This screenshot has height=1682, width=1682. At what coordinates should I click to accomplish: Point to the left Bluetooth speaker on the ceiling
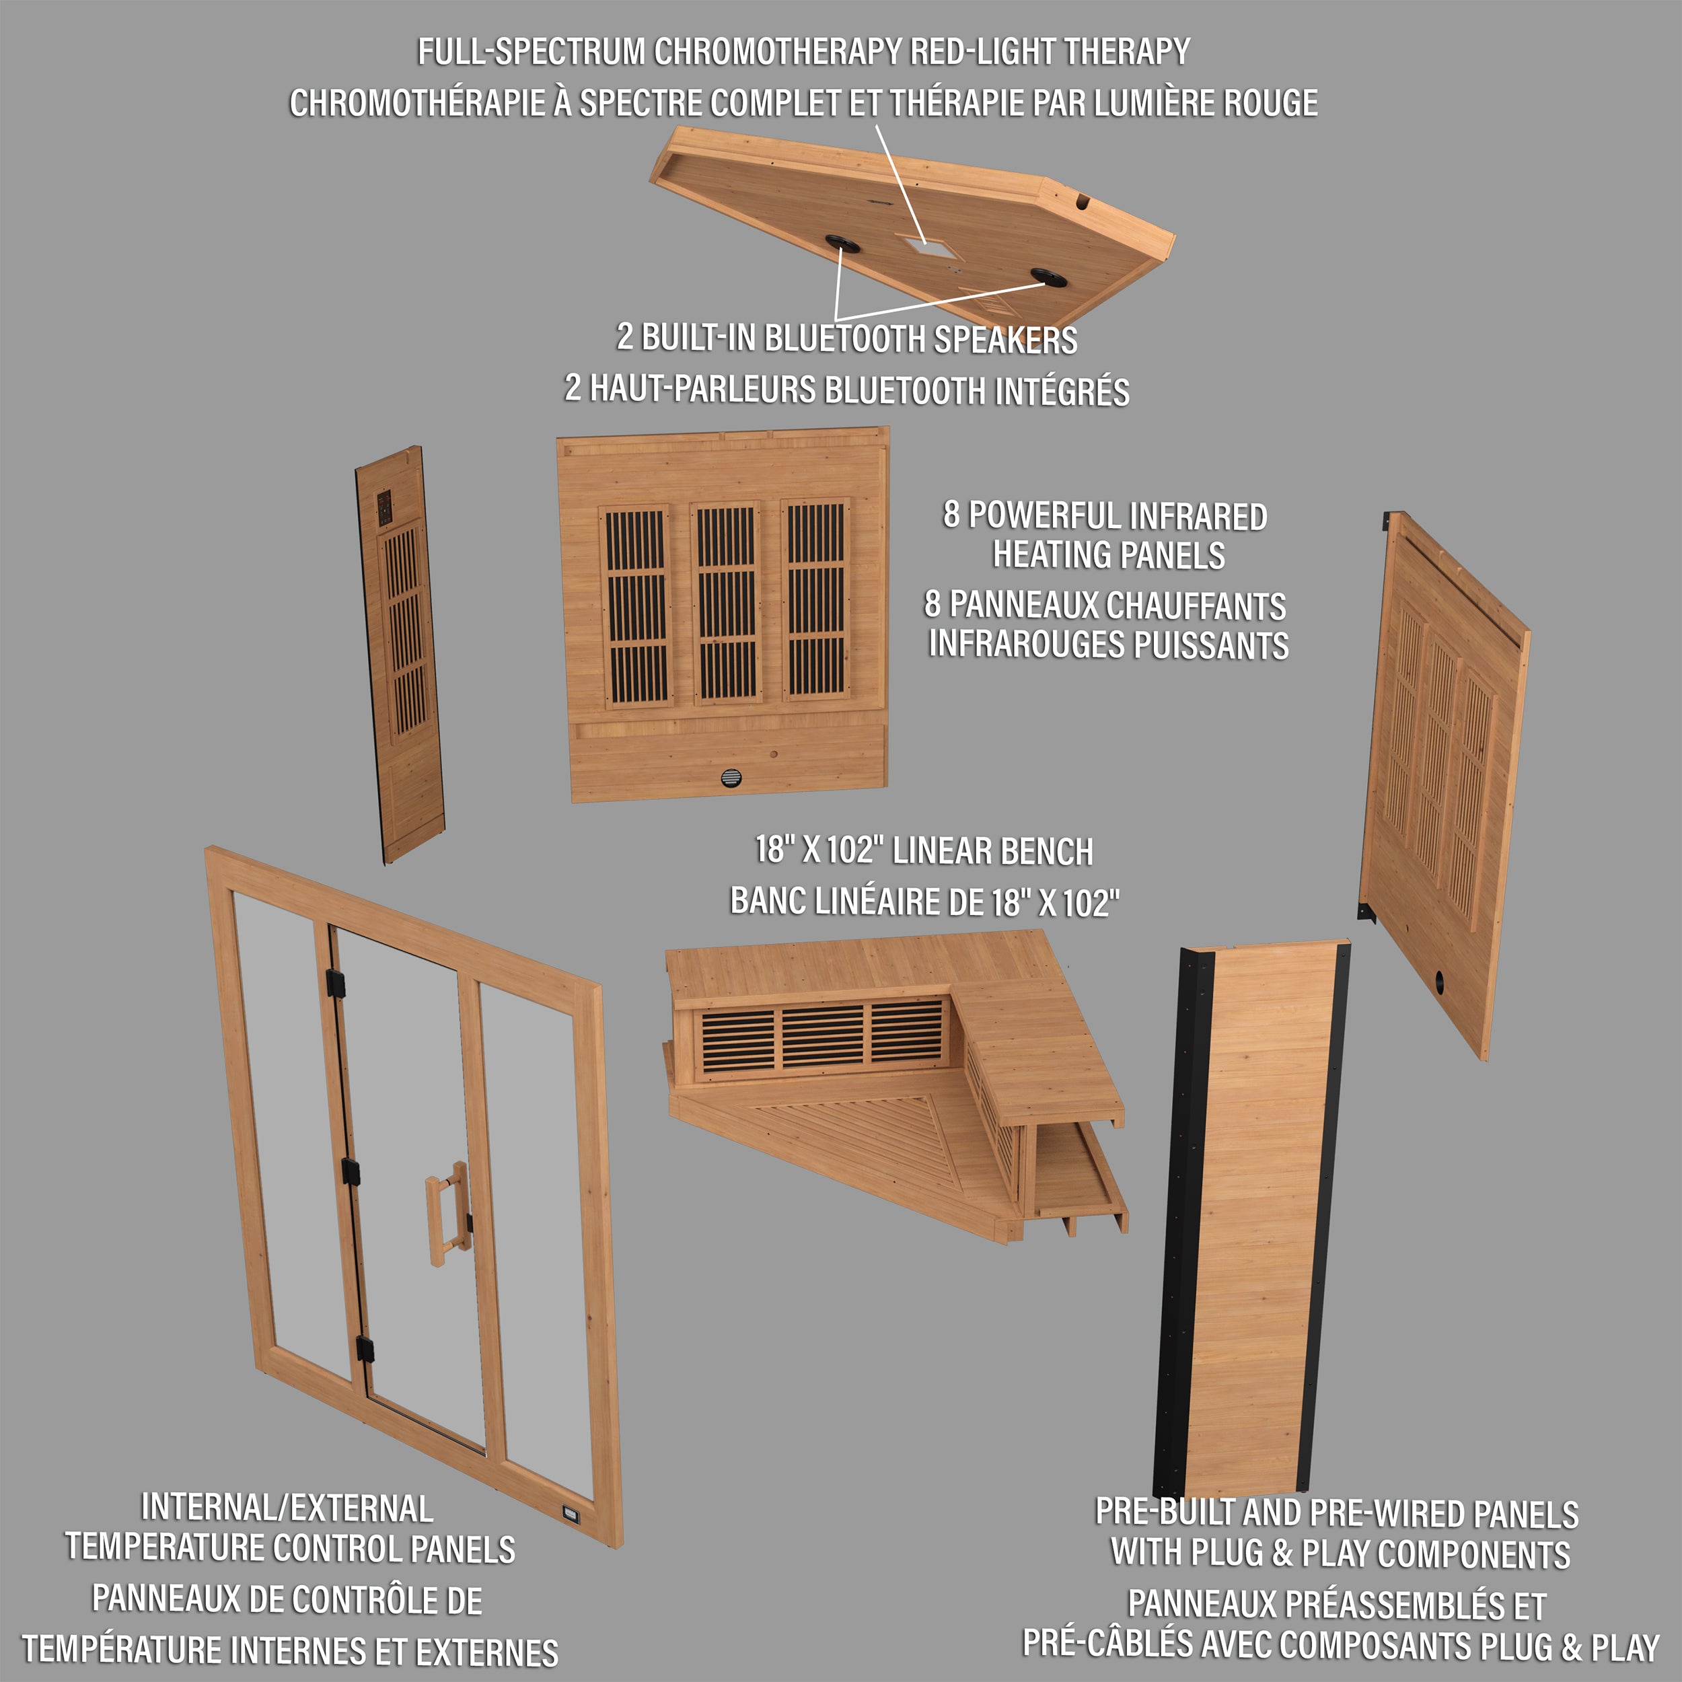tap(842, 243)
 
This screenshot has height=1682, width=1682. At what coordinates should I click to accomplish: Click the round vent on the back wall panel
tap(731, 778)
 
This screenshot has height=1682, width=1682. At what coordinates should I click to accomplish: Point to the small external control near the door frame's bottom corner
tap(571, 1512)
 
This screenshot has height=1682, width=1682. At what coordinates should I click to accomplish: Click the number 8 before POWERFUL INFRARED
tap(951, 515)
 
